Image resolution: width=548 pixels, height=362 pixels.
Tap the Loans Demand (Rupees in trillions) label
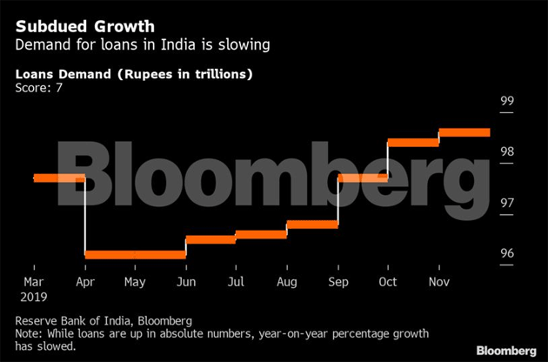[x=134, y=74]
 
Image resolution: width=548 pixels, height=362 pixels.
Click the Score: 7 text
[x=37, y=89]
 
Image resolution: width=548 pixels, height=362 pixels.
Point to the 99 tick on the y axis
[x=507, y=101]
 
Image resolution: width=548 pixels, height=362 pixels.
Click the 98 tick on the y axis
[x=507, y=151]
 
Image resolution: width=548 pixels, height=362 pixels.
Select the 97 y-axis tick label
[x=507, y=203]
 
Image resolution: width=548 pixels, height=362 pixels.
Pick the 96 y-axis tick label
[x=507, y=254]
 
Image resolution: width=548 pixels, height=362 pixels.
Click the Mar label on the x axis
[x=33, y=282]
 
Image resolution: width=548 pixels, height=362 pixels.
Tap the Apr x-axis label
[x=84, y=282]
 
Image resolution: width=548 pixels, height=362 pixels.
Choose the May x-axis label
[x=135, y=282]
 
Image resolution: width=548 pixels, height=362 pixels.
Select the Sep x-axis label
[x=337, y=282]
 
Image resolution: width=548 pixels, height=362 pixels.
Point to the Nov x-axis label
[x=438, y=282]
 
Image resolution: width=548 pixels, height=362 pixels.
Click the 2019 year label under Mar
[x=32, y=297]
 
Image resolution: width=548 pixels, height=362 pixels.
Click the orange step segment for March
[x=58, y=178]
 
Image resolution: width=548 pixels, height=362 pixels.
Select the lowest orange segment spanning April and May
[x=135, y=254]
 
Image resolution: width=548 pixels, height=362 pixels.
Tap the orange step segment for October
[x=413, y=141]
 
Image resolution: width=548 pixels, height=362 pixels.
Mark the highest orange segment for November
[x=464, y=132]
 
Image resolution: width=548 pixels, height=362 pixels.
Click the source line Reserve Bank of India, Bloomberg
[x=104, y=320]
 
